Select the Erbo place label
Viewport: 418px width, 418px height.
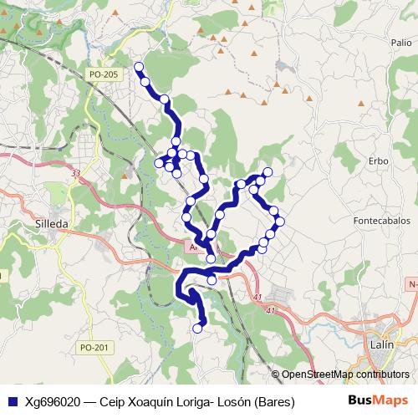379,160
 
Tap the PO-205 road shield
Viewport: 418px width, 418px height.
104,74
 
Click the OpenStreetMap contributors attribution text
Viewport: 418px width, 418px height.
345,375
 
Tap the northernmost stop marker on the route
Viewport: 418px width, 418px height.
139,67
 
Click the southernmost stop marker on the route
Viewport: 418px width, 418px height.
198,329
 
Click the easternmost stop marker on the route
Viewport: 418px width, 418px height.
281,222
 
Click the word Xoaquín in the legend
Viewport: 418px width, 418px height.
150,402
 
